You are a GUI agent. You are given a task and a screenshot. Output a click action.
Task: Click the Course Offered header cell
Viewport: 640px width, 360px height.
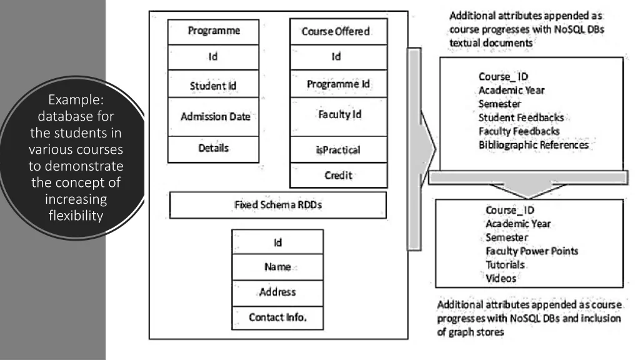(x=336, y=31)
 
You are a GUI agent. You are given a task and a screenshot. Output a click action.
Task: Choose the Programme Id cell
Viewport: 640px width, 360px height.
(x=336, y=84)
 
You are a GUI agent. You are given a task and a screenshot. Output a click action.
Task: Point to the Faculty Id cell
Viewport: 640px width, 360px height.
(x=336, y=115)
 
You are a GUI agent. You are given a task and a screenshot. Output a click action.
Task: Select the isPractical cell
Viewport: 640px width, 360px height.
(x=336, y=150)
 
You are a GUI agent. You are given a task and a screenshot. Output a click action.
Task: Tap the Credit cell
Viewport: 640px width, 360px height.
(x=336, y=176)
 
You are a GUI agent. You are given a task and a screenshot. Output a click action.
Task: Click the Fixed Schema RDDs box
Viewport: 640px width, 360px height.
(x=277, y=205)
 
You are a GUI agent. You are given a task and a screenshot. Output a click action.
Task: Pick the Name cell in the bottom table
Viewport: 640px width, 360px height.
(x=277, y=267)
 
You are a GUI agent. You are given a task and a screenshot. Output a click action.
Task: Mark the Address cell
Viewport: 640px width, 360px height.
(x=277, y=292)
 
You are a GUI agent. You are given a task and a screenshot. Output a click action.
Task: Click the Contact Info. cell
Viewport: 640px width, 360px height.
(x=277, y=317)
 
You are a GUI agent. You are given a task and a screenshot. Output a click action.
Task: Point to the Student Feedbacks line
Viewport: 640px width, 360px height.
(x=521, y=117)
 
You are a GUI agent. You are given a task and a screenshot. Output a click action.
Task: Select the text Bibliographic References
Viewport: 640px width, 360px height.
(x=534, y=145)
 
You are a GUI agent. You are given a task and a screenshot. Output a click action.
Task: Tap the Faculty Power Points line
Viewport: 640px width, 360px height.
(x=532, y=251)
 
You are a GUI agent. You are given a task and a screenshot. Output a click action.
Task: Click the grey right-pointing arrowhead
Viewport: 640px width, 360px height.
(x=430, y=150)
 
